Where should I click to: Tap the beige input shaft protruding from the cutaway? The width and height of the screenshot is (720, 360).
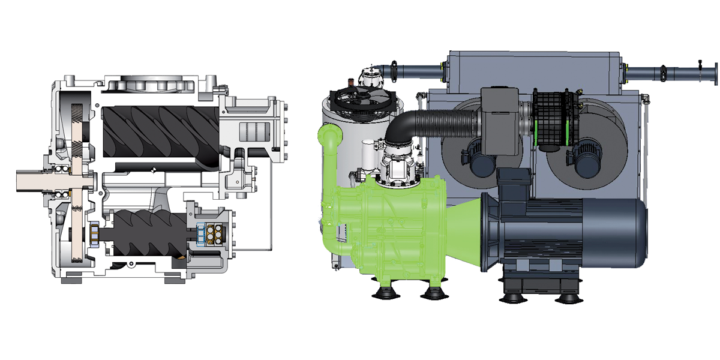tap(33, 178)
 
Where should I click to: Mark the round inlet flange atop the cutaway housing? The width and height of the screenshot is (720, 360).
tap(150, 84)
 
